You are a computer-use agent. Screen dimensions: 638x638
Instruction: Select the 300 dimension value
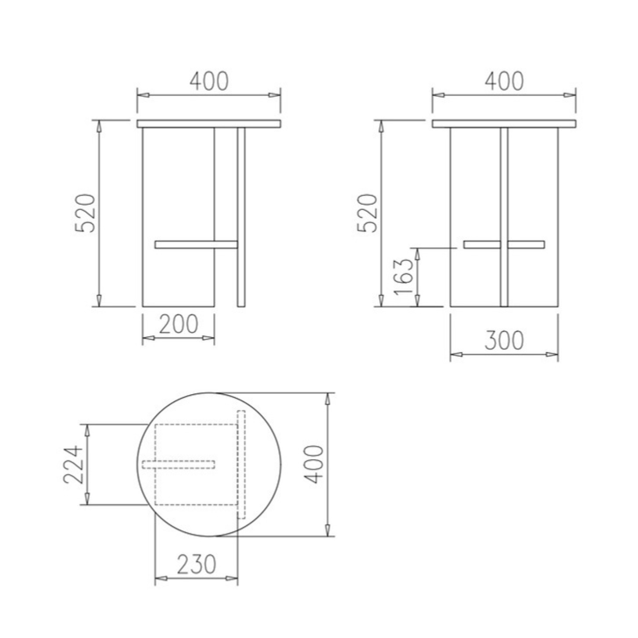click(504, 340)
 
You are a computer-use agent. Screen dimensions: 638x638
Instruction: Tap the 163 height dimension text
click(404, 276)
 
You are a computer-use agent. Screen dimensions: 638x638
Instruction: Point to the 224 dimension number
click(73, 464)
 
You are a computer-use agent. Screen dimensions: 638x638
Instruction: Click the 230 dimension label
click(196, 564)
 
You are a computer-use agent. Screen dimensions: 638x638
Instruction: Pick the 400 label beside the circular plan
click(313, 464)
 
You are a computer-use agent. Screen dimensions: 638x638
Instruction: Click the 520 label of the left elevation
click(85, 213)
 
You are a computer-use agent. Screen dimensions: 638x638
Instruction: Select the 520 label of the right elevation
click(367, 213)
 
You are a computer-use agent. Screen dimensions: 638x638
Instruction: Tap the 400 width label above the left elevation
click(209, 81)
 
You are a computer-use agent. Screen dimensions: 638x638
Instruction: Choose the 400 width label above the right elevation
click(504, 81)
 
